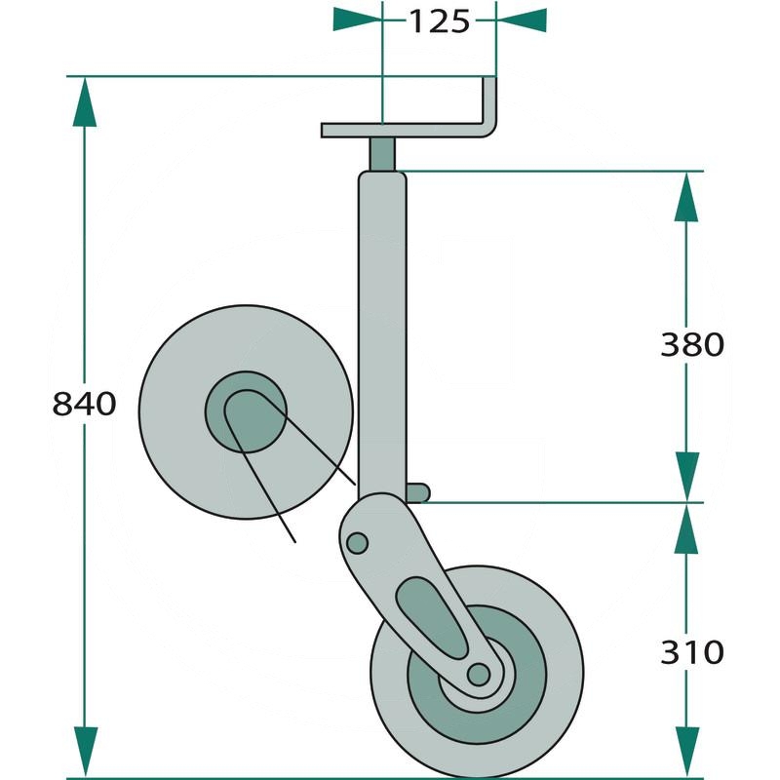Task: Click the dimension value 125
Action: pyautogui.click(x=438, y=20)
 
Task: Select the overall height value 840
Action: pyautogui.click(x=84, y=403)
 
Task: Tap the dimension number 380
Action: pyautogui.click(x=691, y=344)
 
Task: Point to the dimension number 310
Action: pyautogui.click(x=691, y=650)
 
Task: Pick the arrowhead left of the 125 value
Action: pyautogui.click(x=357, y=19)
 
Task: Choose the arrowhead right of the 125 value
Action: pyautogui.click(x=521, y=19)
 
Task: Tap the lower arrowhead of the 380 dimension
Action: pyautogui.click(x=688, y=477)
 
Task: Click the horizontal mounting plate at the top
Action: pyautogui.click(x=400, y=130)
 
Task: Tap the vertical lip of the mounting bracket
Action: pyautogui.click(x=490, y=102)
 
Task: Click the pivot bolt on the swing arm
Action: pyautogui.click(x=358, y=541)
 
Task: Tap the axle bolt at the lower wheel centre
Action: pyautogui.click(x=478, y=674)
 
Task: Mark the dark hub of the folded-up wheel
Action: pyautogui.click(x=245, y=410)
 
